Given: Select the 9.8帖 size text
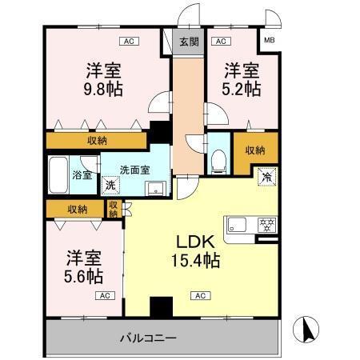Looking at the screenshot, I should click(105, 88).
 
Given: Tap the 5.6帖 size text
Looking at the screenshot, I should click(84, 277).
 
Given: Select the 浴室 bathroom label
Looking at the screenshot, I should click(82, 174).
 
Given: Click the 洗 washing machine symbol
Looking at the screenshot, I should click(110, 185).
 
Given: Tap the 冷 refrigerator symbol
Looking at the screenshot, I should click(264, 176).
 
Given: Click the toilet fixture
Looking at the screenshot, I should click(218, 159).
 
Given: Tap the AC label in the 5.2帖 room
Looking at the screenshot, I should click(221, 40).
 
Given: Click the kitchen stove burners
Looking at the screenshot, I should click(265, 223).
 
